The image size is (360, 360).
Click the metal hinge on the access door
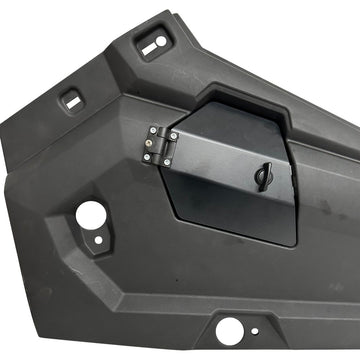(156, 144)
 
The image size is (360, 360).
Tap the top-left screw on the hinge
(149, 133)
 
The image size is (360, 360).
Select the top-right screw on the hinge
(166, 130)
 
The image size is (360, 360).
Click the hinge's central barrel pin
(157, 144)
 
